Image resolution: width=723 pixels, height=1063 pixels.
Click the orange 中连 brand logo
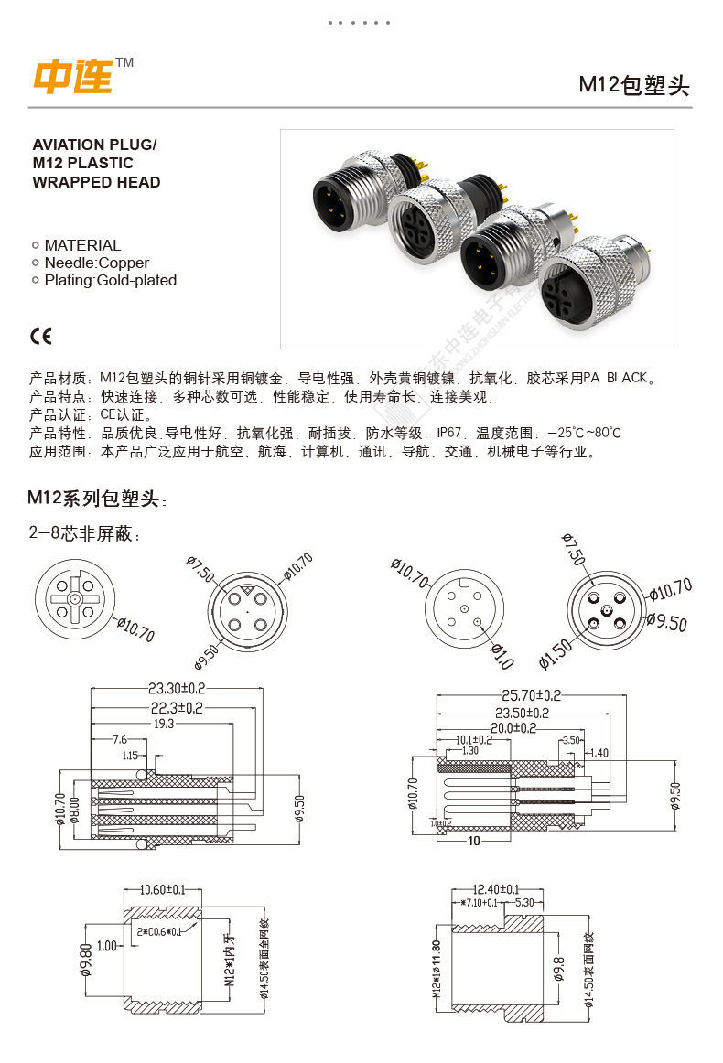click(x=73, y=77)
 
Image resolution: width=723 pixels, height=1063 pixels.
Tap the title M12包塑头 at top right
click(x=633, y=85)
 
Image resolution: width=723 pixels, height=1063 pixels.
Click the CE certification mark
click(x=42, y=337)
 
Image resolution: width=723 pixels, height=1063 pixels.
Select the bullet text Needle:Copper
click(x=96, y=263)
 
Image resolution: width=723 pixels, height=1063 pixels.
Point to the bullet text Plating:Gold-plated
click(x=110, y=280)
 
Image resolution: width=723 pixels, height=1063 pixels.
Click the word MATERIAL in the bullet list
click(x=82, y=245)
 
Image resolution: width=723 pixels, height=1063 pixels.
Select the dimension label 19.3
click(x=163, y=723)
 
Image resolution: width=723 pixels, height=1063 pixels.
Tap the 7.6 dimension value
click(x=120, y=738)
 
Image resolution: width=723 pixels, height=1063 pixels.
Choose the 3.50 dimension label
click(x=570, y=739)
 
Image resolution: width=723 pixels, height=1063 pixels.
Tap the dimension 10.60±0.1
click(x=162, y=888)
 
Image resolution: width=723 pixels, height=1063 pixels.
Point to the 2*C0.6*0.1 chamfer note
click(x=159, y=931)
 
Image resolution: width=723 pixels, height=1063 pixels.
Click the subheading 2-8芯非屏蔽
click(x=86, y=534)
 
